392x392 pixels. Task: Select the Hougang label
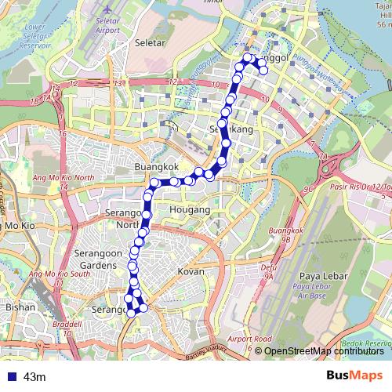tap(191, 211)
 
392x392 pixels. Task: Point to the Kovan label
tap(191, 270)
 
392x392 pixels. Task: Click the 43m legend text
tap(34, 377)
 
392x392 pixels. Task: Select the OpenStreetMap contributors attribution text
tap(324, 351)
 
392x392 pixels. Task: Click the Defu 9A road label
tap(270, 271)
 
